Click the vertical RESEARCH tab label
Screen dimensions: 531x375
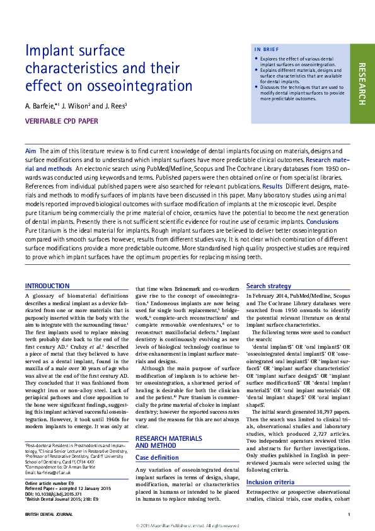click(362, 83)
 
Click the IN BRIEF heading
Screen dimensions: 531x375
click(267, 49)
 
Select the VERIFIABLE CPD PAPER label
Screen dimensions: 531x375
click(61, 121)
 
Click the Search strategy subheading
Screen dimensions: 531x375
click(268, 286)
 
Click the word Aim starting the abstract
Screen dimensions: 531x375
click(30, 151)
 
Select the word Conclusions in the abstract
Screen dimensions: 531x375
click(323, 221)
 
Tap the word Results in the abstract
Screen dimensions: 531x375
click(272, 187)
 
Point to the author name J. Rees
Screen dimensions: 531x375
click(114, 106)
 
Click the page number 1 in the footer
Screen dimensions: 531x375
click(349, 515)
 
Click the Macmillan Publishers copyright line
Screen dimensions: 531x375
click(187, 525)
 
